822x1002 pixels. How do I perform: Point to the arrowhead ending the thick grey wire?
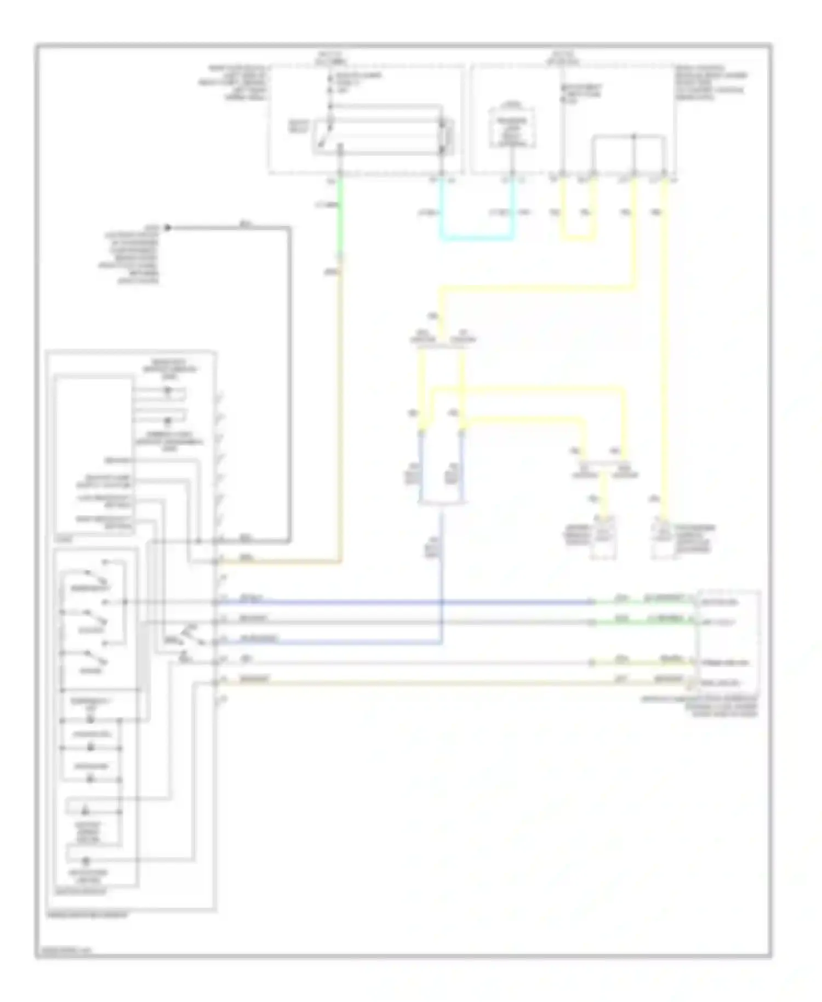coord(168,227)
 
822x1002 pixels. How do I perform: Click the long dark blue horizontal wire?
coord(406,602)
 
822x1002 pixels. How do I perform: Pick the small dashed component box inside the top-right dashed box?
coord(512,127)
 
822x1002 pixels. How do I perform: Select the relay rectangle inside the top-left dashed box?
coord(382,135)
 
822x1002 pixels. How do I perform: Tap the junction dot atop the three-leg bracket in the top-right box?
coord(634,136)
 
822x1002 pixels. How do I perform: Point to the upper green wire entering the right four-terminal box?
coord(641,602)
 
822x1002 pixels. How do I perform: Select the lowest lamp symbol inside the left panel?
coord(86,861)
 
